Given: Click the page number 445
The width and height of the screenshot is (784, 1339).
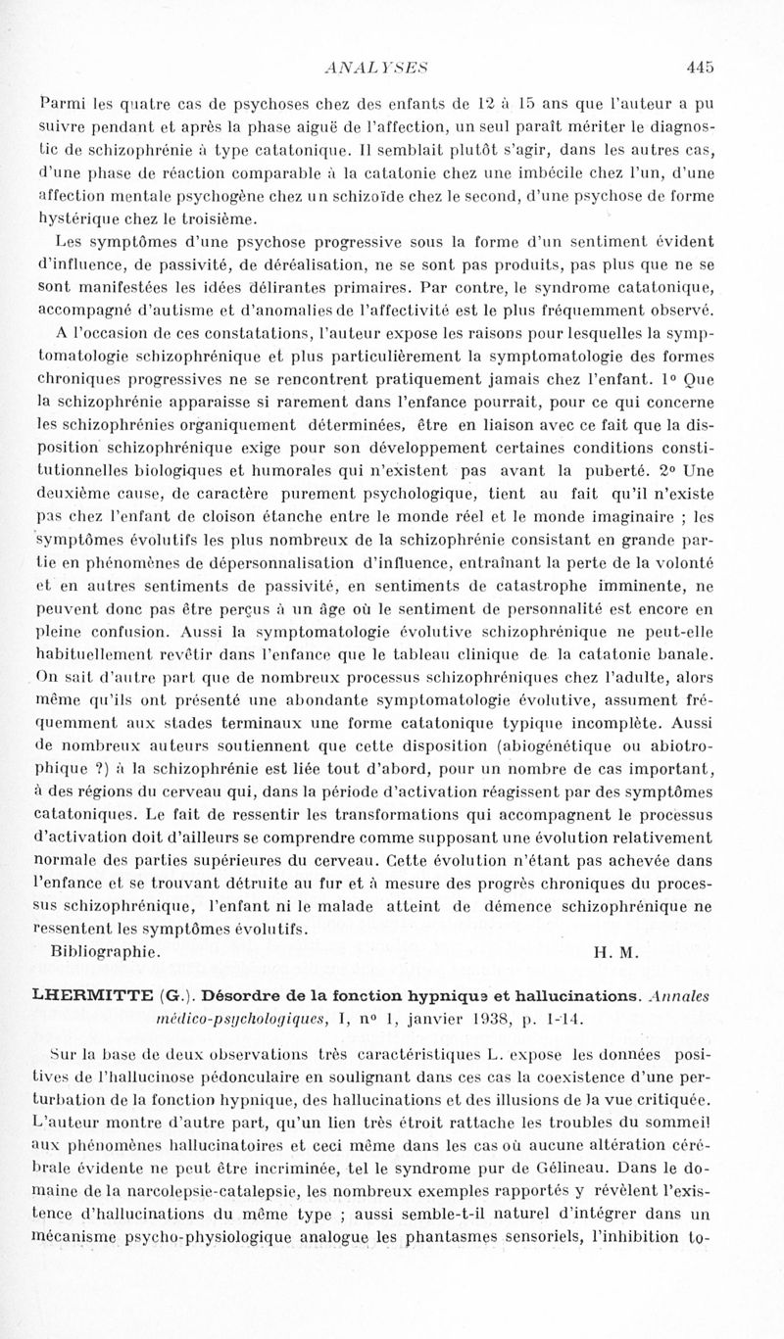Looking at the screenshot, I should (x=700, y=68).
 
